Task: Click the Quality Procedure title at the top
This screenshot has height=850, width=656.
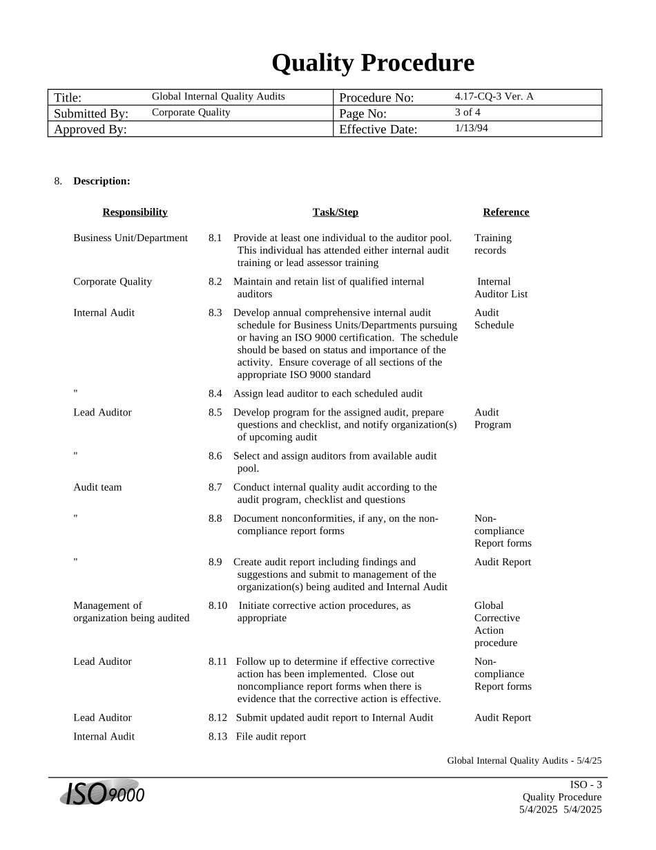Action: [x=372, y=63]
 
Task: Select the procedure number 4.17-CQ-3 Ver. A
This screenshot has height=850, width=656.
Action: [x=494, y=97]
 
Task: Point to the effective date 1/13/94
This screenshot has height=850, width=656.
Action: [x=471, y=128]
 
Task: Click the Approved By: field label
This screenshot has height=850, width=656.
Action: [x=90, y=129]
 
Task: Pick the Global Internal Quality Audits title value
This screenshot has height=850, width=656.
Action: [x=218, y=97]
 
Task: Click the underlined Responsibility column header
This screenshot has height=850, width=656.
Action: [x=135, y=212]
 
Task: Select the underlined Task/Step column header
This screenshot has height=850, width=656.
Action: [x=335, y=212]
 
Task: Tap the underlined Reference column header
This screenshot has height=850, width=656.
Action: [x=505, y=212]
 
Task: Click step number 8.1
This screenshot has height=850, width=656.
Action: [x=215, y=238]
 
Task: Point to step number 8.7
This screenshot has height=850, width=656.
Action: [x=215, y=487]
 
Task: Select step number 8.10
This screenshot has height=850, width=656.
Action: [x=218, y=605]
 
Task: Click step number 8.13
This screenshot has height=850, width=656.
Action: [x=218, y=737]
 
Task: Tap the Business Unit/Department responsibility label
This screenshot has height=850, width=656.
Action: [x=131, y=238]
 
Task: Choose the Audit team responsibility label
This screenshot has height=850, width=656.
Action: [x=97, y=487]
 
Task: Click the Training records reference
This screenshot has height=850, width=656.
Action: [x=492, y=244]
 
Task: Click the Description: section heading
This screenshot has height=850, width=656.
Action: [x=102, y=181]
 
